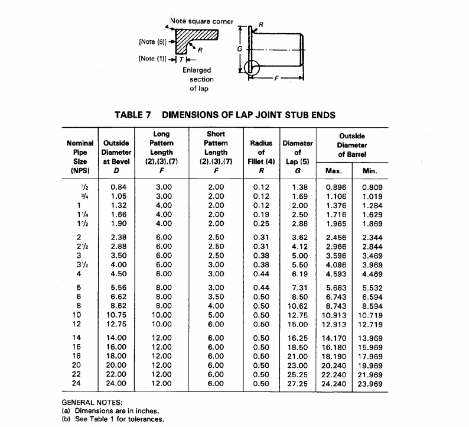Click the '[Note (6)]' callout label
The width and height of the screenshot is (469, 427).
click(151, 41)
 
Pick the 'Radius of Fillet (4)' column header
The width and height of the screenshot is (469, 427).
click(261, 151)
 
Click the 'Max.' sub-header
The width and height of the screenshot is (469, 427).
click(335, 172)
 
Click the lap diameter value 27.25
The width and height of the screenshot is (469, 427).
click(297, 383)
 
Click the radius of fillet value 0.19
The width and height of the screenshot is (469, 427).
click(260, 215)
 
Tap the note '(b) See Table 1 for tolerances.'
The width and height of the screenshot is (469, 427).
click(112, 419)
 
